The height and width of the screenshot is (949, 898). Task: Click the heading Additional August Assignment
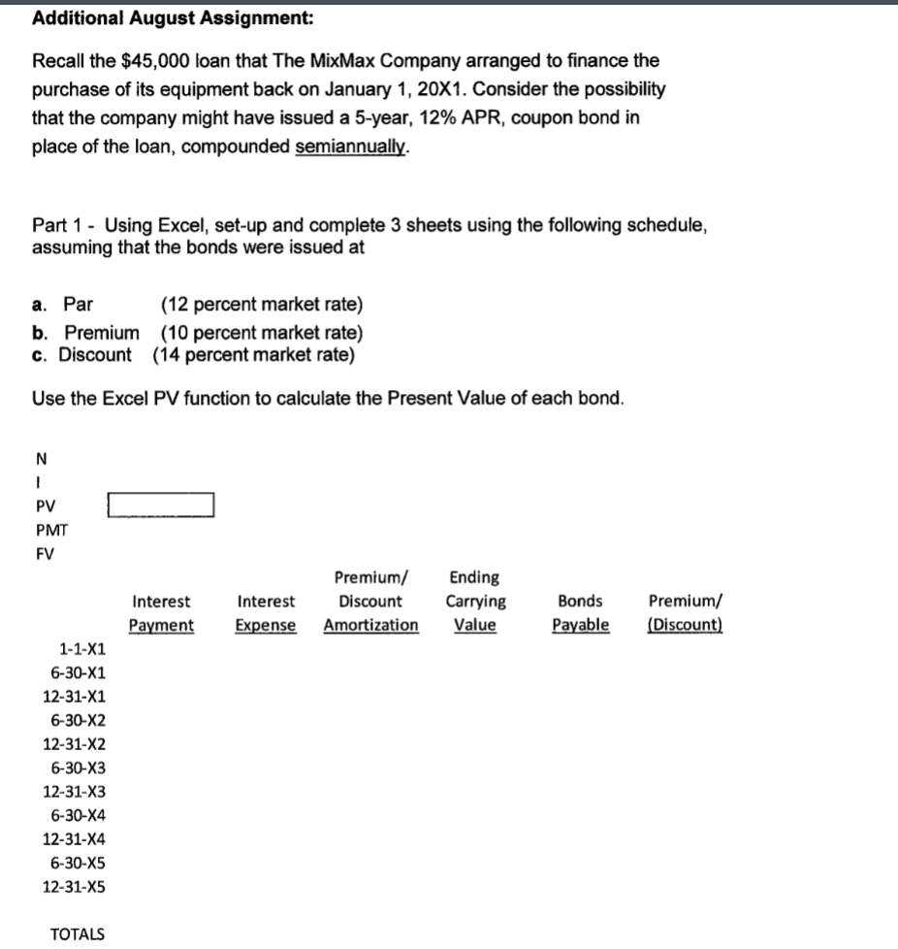pos(173,18)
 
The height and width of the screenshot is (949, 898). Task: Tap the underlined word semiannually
pos(352,147)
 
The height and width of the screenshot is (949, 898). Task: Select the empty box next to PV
pos(161,506)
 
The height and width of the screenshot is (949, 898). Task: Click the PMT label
pos(50,530)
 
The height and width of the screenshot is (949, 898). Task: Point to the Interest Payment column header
pos(162,613)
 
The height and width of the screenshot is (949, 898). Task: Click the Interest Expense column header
pos(266,613)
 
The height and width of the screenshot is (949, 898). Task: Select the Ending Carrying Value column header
pos(475,602)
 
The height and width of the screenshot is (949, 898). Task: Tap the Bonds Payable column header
pos(580,613)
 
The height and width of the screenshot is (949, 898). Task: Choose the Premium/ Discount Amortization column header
pos(370,602)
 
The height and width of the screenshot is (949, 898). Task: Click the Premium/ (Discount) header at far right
pos(684,613)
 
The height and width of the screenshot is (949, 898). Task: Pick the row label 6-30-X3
pos(82,768)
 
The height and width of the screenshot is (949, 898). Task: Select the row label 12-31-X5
pos(76,886)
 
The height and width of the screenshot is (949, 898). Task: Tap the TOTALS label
pos(77,933)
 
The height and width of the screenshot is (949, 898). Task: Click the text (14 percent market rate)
pos(253,354)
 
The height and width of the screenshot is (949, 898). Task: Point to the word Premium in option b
pos(101,333)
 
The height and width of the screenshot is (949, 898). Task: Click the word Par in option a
pos(79,305)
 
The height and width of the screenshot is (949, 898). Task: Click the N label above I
pos(39,459)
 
